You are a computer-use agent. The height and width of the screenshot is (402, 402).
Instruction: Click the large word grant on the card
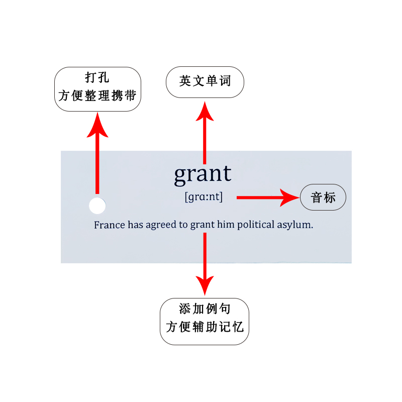(203, 174)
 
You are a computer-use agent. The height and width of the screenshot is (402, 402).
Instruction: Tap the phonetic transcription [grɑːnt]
(204, 197)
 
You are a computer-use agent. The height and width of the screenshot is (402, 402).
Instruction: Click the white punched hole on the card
(97, 206)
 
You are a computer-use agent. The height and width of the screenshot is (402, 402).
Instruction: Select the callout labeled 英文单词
(205, 81)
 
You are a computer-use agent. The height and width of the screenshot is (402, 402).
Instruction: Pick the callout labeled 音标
(323, 197)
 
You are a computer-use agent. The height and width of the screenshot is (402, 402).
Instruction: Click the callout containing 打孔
(97, 88)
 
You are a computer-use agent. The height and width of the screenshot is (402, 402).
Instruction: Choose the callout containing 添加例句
(205, 321)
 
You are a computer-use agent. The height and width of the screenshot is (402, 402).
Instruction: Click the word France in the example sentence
(109, 225)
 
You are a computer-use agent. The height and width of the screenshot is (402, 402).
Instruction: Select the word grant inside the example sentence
(202, 225)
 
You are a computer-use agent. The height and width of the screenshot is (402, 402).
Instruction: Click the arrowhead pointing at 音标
(289, 197)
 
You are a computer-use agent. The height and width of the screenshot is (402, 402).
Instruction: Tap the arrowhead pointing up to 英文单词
(205, 112)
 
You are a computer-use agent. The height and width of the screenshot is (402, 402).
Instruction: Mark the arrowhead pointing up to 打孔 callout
(97, 126)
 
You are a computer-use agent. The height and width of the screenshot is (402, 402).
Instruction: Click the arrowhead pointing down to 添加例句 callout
(205, 284)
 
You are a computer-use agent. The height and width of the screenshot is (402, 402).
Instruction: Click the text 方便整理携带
(97, 95)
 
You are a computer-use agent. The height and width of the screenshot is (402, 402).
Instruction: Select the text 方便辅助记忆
(205, 328)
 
